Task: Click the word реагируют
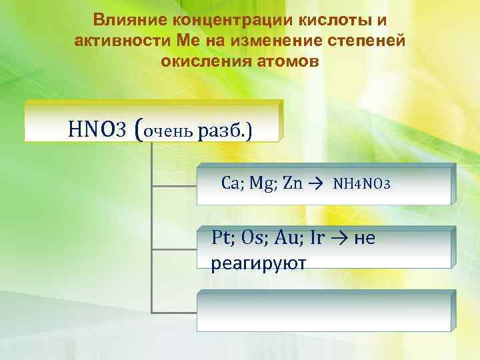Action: [257, 263]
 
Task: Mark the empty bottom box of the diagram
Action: [325, 311]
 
